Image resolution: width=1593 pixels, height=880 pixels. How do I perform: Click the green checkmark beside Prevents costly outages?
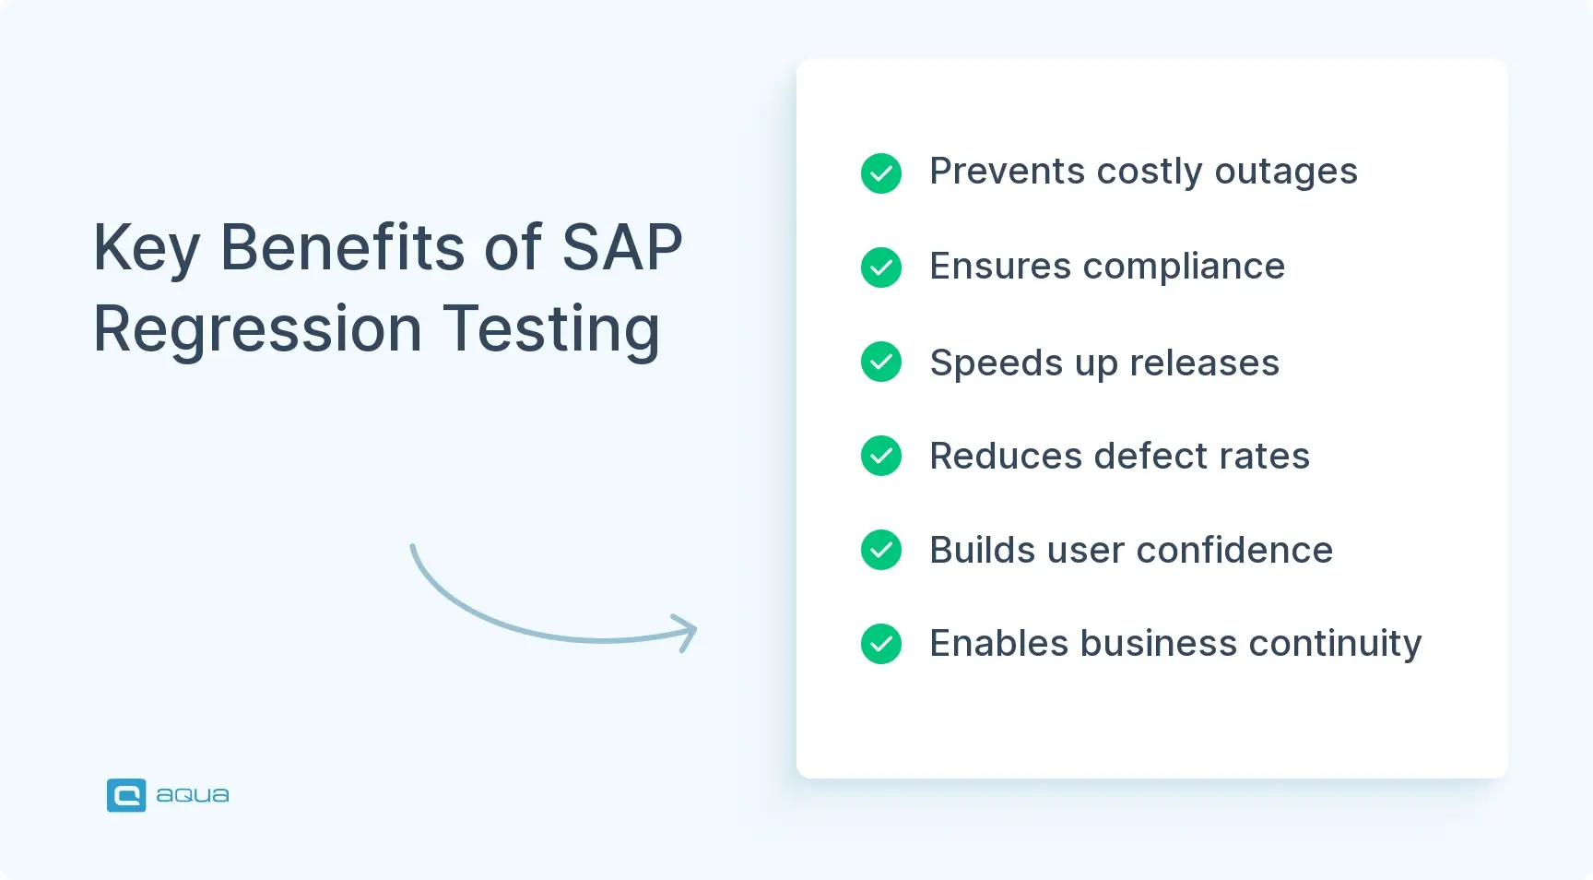pos(880,173)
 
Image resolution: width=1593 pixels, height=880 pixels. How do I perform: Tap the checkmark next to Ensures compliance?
pos(880,268)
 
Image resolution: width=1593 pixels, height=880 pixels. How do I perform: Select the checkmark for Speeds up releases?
pos(880,362)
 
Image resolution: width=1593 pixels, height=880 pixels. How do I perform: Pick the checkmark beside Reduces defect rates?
pos(880,456)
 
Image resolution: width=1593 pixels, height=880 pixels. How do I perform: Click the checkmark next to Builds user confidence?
pos(880,550)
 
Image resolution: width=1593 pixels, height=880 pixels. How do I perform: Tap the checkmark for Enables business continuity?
pos(880,644)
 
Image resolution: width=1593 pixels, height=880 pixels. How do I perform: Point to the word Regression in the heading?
pos(257,329)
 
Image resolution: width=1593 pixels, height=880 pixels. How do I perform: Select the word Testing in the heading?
pos(551,329)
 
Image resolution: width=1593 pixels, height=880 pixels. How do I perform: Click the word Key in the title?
pos(146,249)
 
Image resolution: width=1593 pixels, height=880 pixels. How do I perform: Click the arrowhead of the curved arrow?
pos(688,632)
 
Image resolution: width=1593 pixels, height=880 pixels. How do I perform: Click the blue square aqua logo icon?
pos(126,795)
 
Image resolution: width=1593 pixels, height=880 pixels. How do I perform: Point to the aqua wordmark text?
pos(193,795)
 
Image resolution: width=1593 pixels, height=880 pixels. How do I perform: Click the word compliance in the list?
pos(1184,268)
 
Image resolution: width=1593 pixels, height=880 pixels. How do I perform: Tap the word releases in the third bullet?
pos(1204,363)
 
